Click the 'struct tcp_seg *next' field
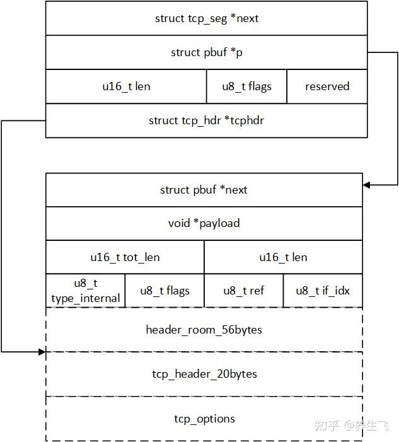[x=206, y=18]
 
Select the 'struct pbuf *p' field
[x=206, y=52]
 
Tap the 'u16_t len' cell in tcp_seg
[x=126, y=86]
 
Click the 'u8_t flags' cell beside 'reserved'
[x=246, y=86]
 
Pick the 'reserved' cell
[x=327, y=86]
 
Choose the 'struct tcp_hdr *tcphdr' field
[x=206, y=120]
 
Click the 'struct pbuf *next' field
[x=204, y=190]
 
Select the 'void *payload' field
[x=204, y=223]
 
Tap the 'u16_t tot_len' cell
[x=125, y=257]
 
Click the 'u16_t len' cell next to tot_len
[x=283, y=257]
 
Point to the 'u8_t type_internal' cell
[x=86, y=291]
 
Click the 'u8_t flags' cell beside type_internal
[x=165, y=291]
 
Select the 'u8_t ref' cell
[x=243, y=291]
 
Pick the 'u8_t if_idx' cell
[x=323, y=291]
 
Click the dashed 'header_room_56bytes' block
[x=204, y=329]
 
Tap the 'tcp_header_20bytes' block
[x=204, y=374]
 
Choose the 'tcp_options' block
[x=204, y=419]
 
